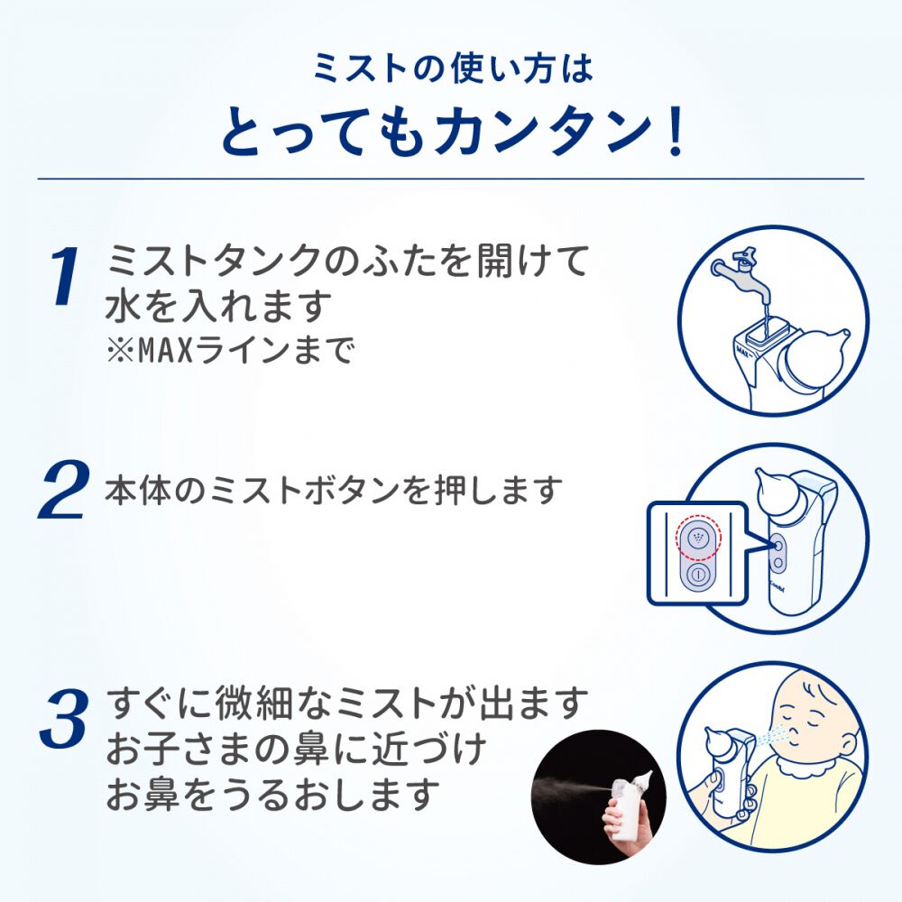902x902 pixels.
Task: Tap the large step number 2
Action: coord(64,490)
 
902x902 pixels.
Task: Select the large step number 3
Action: coord(65,718)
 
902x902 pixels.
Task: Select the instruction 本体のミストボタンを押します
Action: coord(334,491)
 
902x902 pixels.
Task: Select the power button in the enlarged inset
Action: coord(697,576)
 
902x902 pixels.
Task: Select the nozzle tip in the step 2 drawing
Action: coord(761,477)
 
